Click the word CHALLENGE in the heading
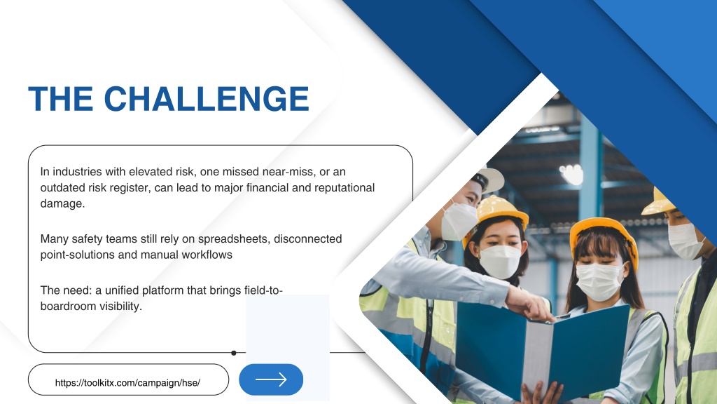coord(207,98)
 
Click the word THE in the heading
coord(60,98)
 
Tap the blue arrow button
coord(271,379)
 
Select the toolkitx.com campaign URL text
coord(127,383)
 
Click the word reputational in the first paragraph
coord(344,188)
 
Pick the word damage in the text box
coord(62,204)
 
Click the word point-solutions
coord(77,255)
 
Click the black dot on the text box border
coord(234,353)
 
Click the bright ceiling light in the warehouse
coord(571,174)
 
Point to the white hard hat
coord(489,180)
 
